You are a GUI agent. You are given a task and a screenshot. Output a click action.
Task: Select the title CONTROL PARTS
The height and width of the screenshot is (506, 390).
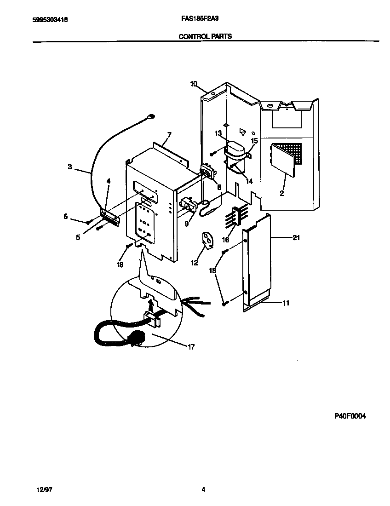205,36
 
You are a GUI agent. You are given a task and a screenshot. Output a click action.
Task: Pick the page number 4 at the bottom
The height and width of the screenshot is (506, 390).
203,490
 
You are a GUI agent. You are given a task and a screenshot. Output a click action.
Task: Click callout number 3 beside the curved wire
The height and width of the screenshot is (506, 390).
70,167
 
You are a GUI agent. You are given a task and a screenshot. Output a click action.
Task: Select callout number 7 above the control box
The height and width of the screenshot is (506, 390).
169,135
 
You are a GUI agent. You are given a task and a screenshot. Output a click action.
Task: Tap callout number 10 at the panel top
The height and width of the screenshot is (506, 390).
194,84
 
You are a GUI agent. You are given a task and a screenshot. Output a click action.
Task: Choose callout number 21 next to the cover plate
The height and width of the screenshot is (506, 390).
296,237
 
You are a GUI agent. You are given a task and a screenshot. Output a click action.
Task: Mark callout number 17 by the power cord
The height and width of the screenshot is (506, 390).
191,347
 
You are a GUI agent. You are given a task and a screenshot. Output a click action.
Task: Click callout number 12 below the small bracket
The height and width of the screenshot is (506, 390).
195,263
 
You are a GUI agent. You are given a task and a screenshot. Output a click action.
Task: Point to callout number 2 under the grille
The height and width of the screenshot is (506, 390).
281,193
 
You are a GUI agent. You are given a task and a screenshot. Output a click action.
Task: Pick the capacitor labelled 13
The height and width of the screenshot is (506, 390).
237,149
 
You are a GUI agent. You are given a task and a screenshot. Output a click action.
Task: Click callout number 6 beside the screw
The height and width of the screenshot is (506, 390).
66,216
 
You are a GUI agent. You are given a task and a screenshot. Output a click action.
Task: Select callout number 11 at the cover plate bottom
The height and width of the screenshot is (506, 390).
286,303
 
